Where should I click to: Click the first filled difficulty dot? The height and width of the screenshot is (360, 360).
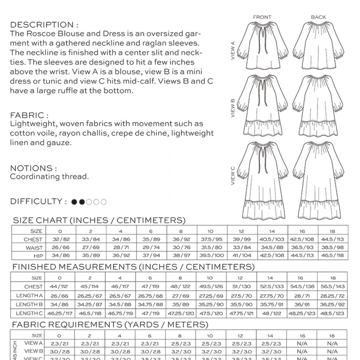pyautogui.click(x=74, y=202)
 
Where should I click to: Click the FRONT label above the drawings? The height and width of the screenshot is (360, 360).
pyautogui.click(x=262, y=17)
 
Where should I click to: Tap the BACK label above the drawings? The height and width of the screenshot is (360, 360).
pyautogui.click(x=318, y=17)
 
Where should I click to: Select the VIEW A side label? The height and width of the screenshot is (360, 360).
pyautogui.click(x=233, y=51)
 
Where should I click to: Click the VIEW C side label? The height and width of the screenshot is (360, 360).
pyautogui.click(x=233, y=176)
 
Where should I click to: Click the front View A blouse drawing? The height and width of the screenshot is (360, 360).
pyautogui.click(x=262, y=47)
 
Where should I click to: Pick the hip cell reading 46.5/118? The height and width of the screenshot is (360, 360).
pyautogui.click(x=333, y=255)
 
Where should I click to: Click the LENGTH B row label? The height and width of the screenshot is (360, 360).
pyautogui.click(x=29, y=305)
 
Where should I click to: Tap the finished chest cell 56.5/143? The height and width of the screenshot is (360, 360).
pyautogui.click(x=333, y=287)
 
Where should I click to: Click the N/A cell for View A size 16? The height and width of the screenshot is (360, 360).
pyautogui.click(x=302, y=344)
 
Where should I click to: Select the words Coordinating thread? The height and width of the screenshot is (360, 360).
pyautogui.click(x=49, y=177)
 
